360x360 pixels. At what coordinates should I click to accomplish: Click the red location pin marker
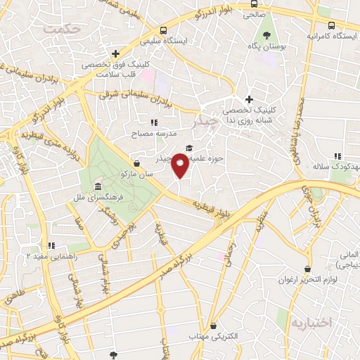point(181,166)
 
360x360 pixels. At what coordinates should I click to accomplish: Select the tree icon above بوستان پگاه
point(266,34)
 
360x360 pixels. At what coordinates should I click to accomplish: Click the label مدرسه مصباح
point(154,132)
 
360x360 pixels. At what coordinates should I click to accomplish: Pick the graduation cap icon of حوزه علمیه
point(188,148)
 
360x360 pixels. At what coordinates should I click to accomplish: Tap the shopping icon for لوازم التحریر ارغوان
point(307,269)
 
